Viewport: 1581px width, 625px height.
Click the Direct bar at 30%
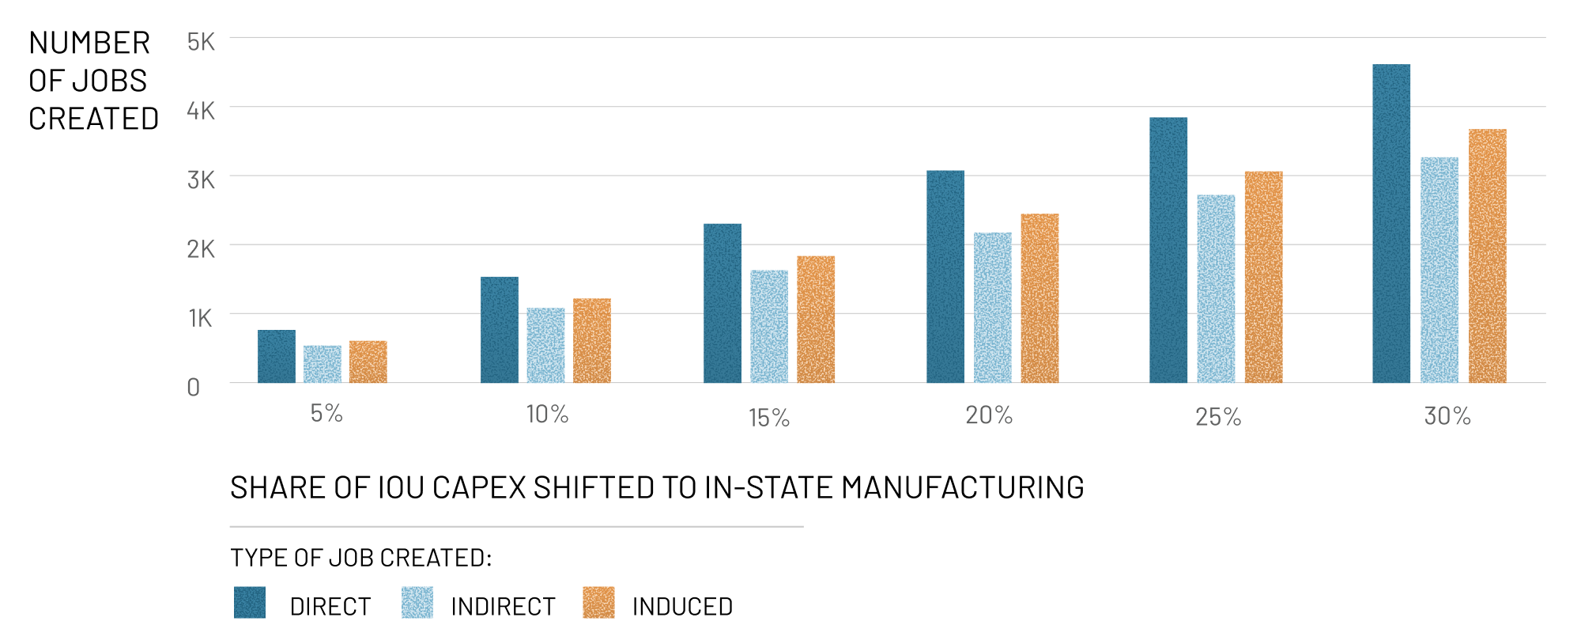(x=1391, y=224)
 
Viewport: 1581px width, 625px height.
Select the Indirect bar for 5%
(x=323, y=364)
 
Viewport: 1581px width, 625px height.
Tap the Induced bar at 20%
(x=1040, y=298)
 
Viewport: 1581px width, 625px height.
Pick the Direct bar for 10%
(x=500, y=330)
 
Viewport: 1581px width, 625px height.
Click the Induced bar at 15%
(x=816, y=320)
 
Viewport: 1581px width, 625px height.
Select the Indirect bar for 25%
(x=1216, y=289)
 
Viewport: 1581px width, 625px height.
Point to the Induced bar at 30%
(x=1488, y=256)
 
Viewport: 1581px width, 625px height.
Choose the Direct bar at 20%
(x=945, y=277)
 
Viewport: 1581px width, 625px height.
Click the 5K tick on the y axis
(x=201, y=42)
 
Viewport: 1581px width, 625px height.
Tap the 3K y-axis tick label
(x=201, y=180)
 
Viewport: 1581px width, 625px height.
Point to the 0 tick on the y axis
(x=194, y=388)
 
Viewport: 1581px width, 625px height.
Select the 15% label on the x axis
(x=769, y=418)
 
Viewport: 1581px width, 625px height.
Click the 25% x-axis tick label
(x=1218, y=417)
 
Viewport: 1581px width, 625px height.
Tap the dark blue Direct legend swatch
(x=250, y=603)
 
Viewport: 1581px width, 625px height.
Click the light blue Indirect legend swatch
(x=417, y=603)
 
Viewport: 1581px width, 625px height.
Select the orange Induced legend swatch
(x=598, y=603)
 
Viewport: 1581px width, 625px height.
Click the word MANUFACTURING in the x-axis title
(x=962, y=488)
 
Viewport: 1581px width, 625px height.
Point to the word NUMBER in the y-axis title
(x=89, y=44)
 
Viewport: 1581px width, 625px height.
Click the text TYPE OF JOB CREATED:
(x=360, y=559)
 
